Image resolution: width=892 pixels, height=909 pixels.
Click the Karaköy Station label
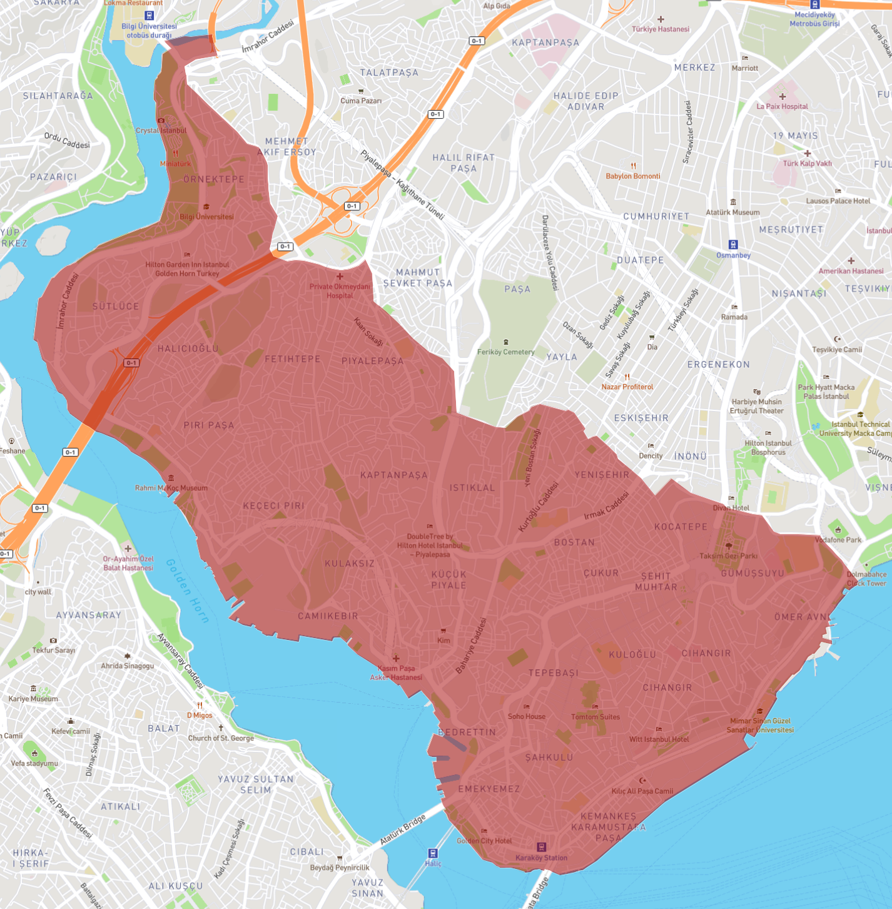point(541,858)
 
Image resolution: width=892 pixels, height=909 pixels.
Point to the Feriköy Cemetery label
point(505,352)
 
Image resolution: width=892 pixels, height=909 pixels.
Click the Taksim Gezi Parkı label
point(728,556)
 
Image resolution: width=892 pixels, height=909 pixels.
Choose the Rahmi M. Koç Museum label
point(171,488)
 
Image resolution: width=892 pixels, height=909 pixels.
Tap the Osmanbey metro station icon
point(733,245)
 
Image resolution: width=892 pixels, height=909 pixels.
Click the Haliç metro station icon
point(432,853)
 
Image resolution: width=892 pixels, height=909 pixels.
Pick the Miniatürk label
point(175,163)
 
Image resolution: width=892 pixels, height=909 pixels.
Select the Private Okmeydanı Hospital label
point(340,291)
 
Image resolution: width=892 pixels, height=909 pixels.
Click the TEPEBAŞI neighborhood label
point(553,673)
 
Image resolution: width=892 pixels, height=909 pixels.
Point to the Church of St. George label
point(221,738)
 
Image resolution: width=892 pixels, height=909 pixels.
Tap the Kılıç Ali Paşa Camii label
point(642,791)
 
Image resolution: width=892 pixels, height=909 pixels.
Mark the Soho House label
point(527,716)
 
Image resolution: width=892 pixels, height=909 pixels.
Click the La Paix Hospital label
point(782,106)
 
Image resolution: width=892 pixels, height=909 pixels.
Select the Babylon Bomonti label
point(633,176)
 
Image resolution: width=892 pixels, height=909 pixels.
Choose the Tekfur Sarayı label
point(54,650)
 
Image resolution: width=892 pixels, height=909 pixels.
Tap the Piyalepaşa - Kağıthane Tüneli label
point(402,185)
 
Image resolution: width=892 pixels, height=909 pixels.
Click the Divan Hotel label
point(731,507)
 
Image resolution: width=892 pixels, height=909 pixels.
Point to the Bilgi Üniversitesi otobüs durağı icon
point(149,16)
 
